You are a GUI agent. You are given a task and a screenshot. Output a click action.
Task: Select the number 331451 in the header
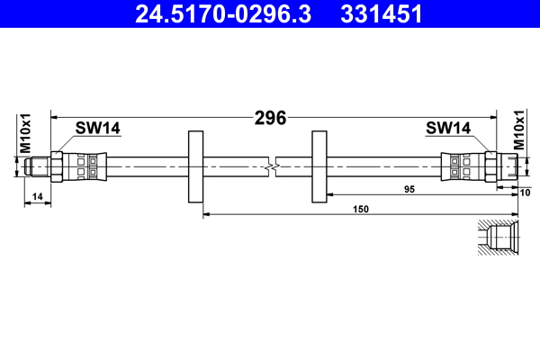click(x=377, y=14)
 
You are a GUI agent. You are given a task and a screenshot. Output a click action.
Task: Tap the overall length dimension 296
click(x=269, y=117)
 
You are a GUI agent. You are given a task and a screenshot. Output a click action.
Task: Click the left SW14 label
click(x=97, y=129)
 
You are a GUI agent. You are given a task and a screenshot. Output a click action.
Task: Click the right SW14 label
click(x=447, y=129)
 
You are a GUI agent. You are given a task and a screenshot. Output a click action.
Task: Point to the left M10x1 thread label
click(x=26, y=133)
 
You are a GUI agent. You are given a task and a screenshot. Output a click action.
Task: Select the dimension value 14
click(x=36, y=196)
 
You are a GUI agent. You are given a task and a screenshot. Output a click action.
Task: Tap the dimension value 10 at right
click(x=526, y=192)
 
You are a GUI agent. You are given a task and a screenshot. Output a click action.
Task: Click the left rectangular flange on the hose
click(x=194, y=166)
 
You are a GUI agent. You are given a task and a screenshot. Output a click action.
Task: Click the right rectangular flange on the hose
click(x=319, y=166)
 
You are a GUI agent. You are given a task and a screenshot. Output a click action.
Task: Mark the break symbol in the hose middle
click(x=272, y=166)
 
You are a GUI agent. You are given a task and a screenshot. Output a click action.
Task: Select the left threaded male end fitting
click(x=38, y=166)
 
